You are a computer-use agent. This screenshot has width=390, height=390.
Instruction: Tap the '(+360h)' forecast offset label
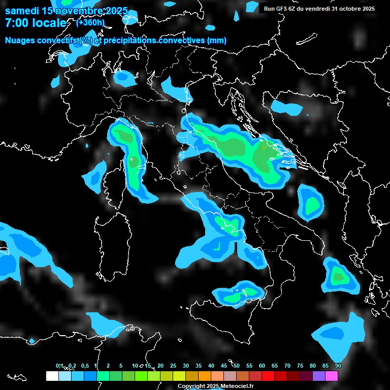tap(90, 22)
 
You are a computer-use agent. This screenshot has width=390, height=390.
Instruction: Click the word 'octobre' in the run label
tap(344, 9)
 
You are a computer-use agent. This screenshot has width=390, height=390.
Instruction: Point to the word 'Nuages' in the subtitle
tap(21, 41)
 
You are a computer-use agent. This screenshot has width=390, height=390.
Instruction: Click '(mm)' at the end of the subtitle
tap(217, 41)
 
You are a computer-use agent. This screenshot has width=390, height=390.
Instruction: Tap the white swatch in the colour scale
tap(52, 376)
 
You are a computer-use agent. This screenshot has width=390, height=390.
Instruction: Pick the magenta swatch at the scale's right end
tap(332, 376)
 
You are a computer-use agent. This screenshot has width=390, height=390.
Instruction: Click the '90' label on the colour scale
tap(338, 366)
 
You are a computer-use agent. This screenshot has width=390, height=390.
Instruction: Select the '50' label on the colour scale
tap(237, 366)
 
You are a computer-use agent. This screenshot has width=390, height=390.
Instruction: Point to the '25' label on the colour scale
tap(173, 366)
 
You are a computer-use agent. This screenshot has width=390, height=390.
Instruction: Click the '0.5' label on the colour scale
tap(85, 366)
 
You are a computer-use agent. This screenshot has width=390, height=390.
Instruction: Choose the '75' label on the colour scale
tap(300, 366)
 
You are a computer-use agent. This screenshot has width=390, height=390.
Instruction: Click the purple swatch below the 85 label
tap(319, 376)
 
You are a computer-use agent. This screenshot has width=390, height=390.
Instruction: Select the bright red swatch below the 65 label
tap(268, 376)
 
